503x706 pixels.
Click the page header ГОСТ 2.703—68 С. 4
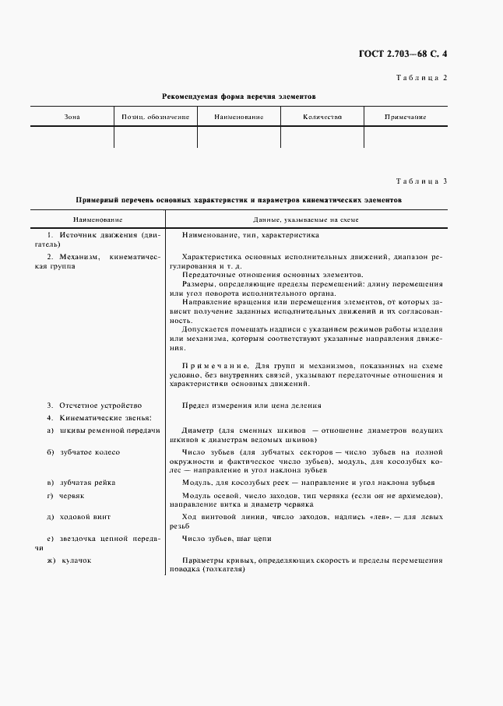[420, 54]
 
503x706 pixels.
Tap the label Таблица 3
[422, 181]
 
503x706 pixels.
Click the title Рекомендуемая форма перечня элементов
[238, 97]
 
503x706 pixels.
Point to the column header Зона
[72, 117]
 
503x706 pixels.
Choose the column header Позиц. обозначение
[155, 117]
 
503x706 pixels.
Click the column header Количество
[322, 117]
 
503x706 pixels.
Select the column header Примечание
[406, 117]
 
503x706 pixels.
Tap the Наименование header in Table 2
[239, 117]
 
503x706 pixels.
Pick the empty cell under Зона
[72, 137]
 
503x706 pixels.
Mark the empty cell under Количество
[322, 137]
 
